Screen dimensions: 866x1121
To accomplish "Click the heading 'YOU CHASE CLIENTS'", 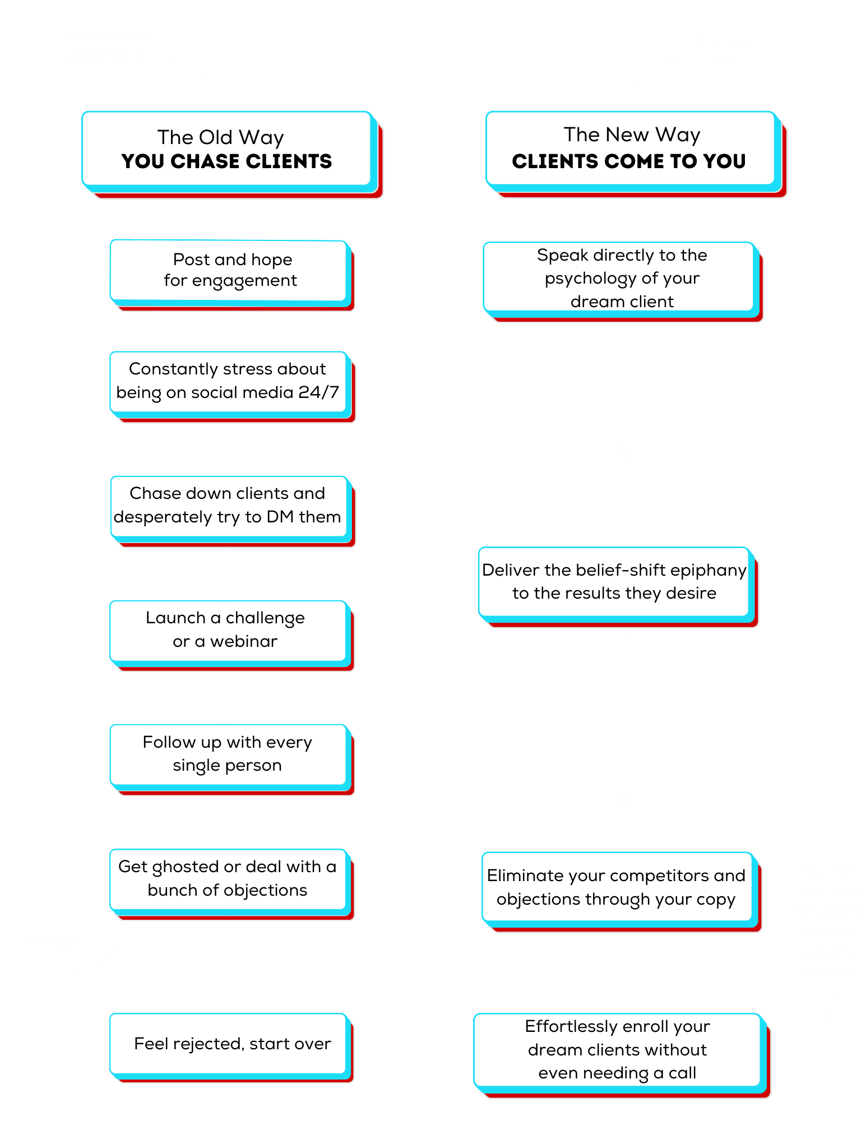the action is pos(226,161).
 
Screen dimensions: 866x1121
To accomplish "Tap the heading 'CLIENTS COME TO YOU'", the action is pos(628,161).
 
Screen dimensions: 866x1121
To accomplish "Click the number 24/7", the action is pos(319,392).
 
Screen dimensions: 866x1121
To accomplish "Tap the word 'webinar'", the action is pos(244,641).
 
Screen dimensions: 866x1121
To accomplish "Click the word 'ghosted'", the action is pos(186,867).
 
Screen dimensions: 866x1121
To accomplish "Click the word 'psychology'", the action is pos(591,279).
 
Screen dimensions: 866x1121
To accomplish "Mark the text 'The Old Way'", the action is pos(221,137).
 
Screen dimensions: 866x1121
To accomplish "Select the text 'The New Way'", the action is pos(632,135).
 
